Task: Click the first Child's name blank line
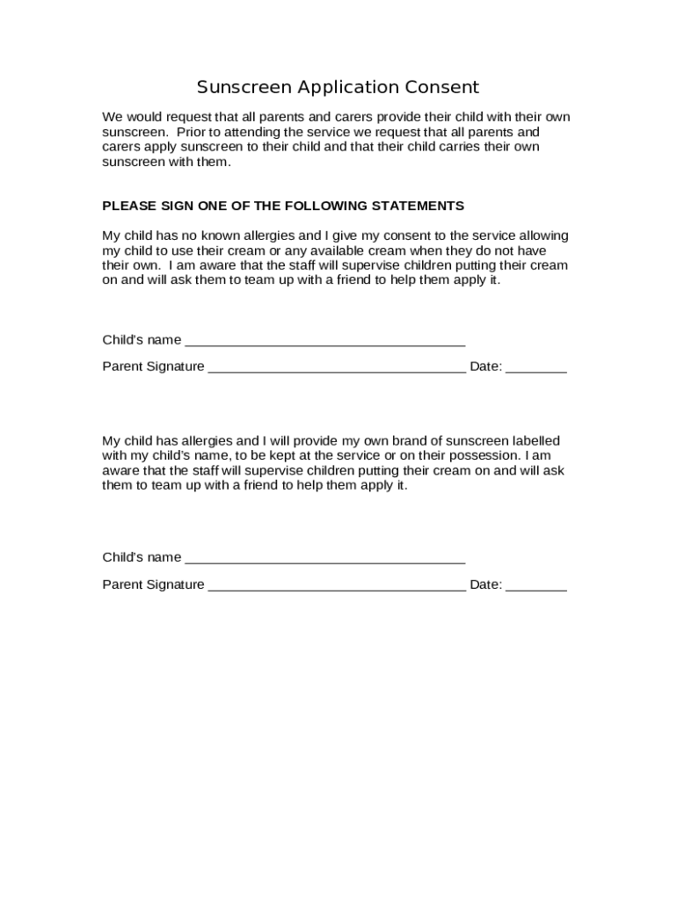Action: click(325, 343)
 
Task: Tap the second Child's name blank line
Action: click(325, 560)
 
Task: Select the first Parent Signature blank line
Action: click(337, 369)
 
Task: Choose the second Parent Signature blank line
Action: click(337, 587)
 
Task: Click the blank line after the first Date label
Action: click(536, 369)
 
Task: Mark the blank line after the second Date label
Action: click(536, 587)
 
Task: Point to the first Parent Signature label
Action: click(153, 367)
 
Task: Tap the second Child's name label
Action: click(142, 557)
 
